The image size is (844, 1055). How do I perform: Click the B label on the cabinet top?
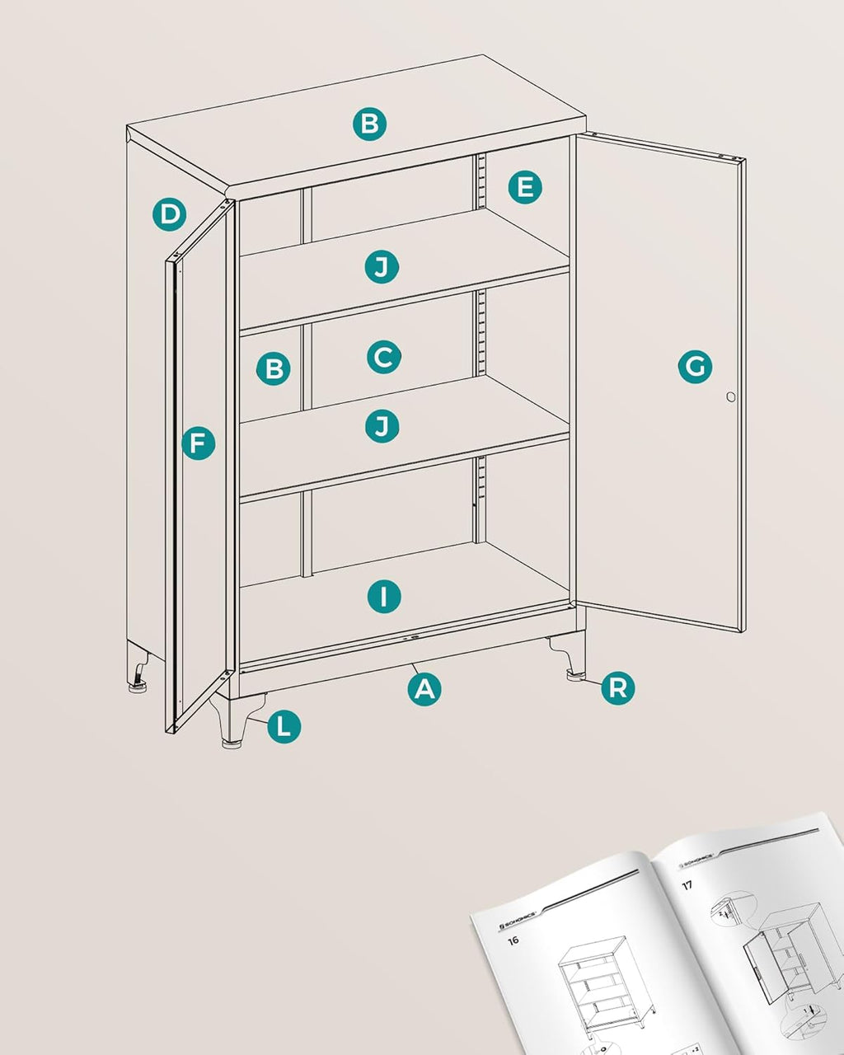tap(370, 124)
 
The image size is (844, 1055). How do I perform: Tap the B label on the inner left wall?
tap(273, 368)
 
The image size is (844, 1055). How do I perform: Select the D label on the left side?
tap(169, 215)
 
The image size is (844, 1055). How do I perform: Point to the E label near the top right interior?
tap(525, 187)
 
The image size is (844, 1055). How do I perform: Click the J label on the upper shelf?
tap(382, 266)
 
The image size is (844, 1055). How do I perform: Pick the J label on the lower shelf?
tap(382, 425)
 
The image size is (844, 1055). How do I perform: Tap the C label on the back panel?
tap(383, 357)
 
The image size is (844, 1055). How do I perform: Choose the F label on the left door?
tap(198, 444)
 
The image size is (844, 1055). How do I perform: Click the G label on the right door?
tap(695, 366)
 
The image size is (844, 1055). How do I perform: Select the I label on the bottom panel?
tap(384, 596)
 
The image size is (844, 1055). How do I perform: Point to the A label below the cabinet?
tap(424, 688)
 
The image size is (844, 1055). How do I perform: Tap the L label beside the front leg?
tap(284, 727)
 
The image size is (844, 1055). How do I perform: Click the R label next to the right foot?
tap(617, 687)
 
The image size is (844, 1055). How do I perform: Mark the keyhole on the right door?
tap(730, 397)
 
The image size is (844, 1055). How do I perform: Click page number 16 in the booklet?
tap(513, 940)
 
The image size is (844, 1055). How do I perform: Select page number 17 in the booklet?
tap(687, 885)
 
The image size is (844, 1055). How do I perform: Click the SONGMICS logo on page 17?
tap(699, 859)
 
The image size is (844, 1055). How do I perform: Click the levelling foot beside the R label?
tap(574, 677)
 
